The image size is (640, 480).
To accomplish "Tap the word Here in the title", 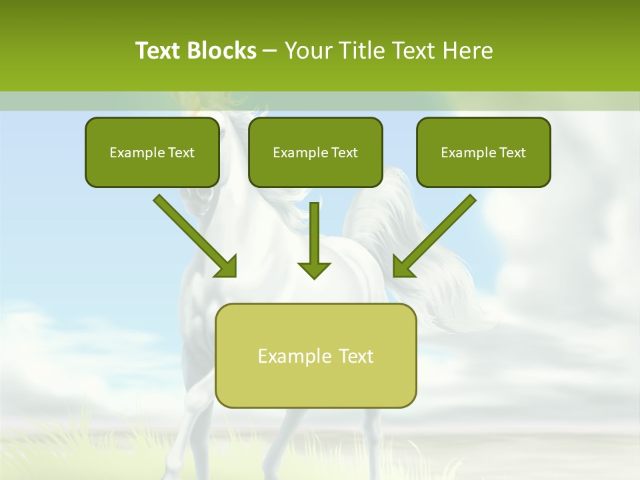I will click(x=467, y=51).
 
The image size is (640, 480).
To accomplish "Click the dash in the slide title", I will click(x=270, y=51).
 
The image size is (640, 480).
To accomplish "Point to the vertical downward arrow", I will click(x=314, y=240).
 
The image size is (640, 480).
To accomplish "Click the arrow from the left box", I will click(x=193, y=235).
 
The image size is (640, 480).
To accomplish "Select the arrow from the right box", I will click(x=436, y=235).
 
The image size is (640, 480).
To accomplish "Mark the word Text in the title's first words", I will click(x=160, y=51).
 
